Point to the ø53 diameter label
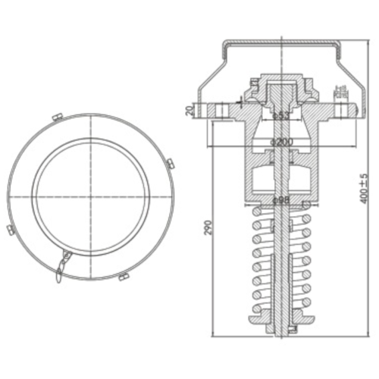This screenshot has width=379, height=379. [x=280, y=116]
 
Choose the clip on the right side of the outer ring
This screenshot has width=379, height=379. [x=171, y=161]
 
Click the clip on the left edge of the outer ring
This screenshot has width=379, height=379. [x=9, y=228]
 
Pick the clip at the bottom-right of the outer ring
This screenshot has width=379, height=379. [x=122, y=278]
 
